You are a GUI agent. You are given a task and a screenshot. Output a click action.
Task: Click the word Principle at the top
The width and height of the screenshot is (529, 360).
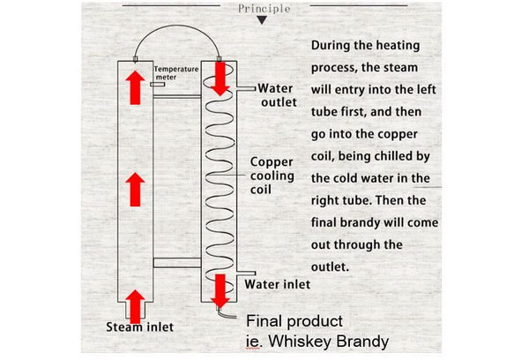(x=264, y=9)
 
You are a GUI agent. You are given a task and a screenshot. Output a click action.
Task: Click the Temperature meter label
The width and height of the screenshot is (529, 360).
(x=175, y=72)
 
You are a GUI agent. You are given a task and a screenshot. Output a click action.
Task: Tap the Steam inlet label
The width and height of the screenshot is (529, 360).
(x=139, y=326)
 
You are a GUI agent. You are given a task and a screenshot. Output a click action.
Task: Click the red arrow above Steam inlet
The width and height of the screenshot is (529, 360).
(x=135, y=304)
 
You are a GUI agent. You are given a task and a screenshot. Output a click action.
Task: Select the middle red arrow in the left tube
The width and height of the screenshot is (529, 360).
(x=135, y=189)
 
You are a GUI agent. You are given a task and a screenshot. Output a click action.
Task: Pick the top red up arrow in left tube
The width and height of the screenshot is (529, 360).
(x=135, y=86)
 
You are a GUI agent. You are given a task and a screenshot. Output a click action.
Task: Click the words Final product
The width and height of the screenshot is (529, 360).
(x=294, y=321)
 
